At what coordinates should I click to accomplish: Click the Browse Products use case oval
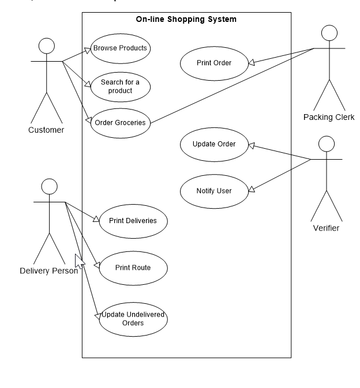120,48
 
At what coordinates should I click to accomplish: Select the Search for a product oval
120,86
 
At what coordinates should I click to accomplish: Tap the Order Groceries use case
120,122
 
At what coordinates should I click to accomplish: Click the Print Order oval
214,63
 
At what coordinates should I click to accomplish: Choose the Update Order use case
214,144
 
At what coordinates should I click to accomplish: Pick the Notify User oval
214,191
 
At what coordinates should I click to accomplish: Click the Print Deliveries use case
133,220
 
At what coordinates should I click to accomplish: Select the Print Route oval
133,268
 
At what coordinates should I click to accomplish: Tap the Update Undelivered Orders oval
133,319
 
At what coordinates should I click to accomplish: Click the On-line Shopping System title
186,20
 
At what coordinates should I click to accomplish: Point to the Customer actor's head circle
46,47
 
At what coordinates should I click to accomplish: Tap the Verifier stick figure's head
327,144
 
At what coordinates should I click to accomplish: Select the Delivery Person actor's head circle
50,186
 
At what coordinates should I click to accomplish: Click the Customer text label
46,130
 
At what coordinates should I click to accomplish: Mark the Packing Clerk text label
329,118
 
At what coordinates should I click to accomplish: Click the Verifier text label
326,228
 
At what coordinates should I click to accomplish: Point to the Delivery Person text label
48,271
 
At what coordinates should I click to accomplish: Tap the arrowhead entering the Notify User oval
252,189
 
